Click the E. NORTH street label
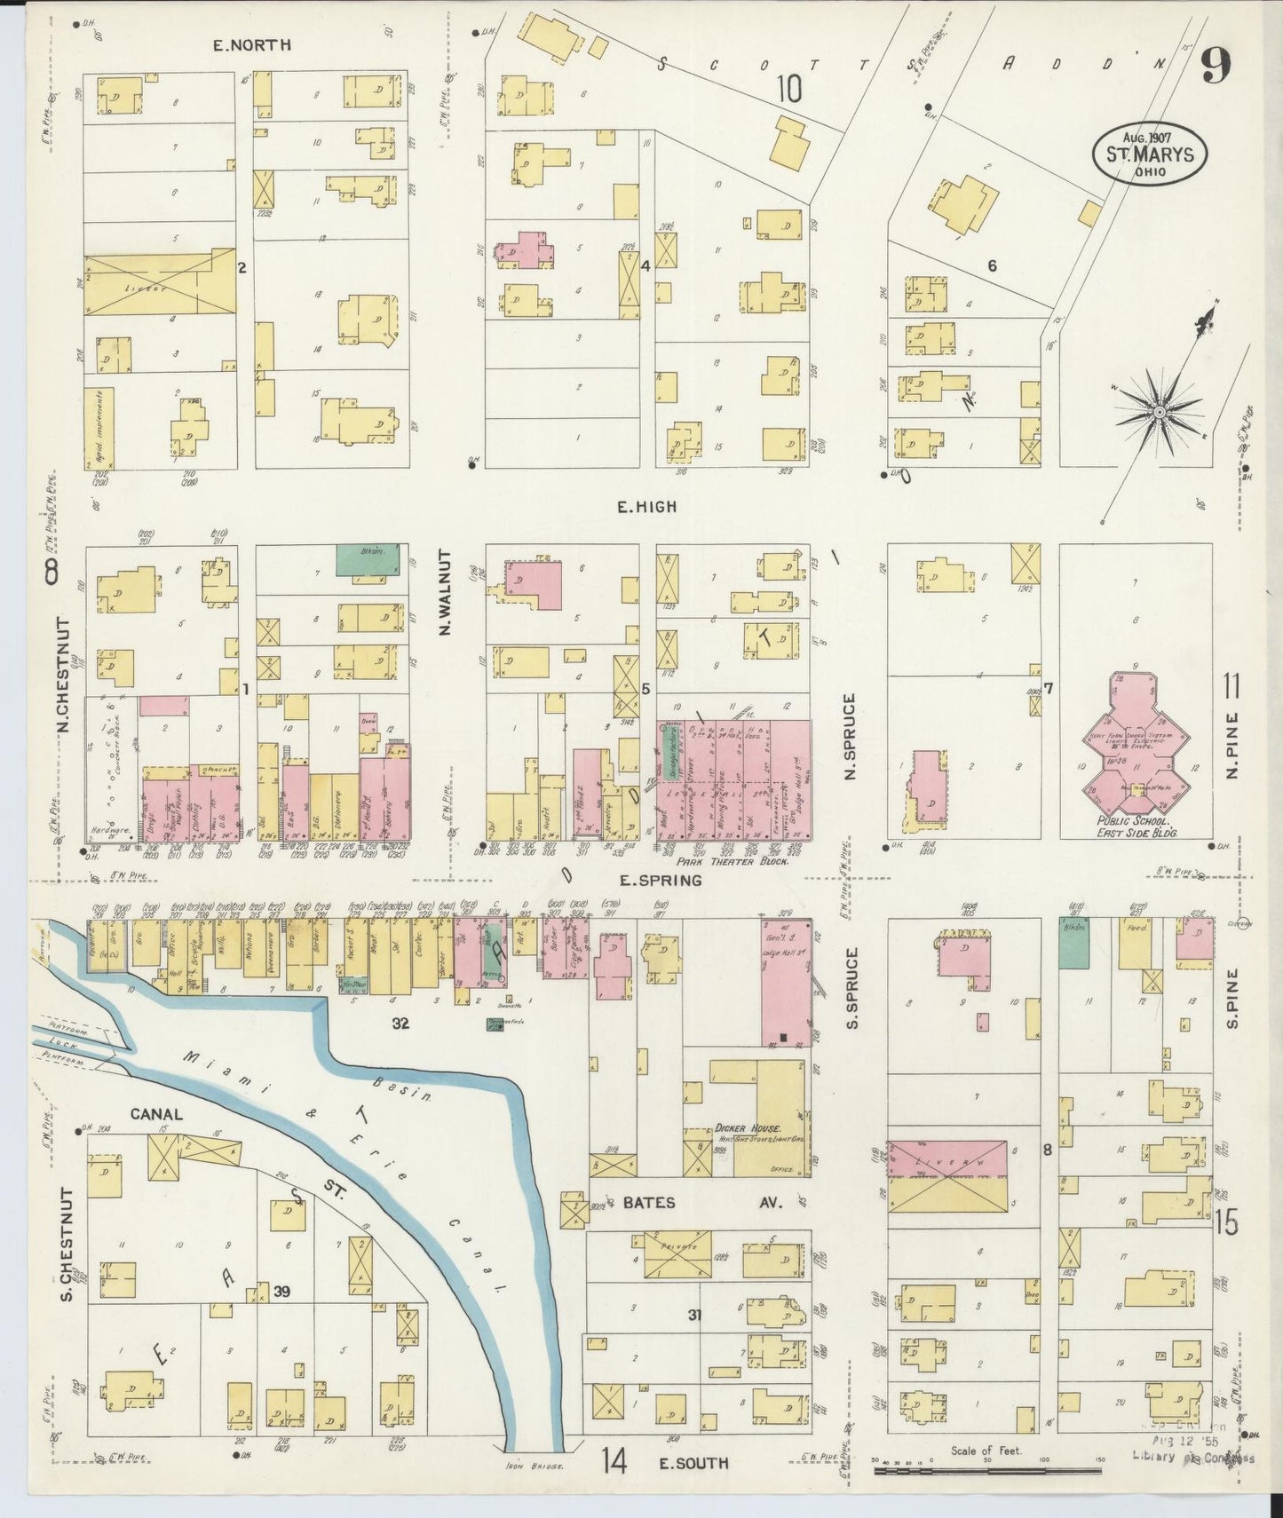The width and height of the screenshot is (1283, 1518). pos(251,45)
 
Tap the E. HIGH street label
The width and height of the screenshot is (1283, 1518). pos(646,507)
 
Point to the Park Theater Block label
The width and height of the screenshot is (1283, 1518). pos(733,861)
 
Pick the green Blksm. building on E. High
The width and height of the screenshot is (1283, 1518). pos(367,560)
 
